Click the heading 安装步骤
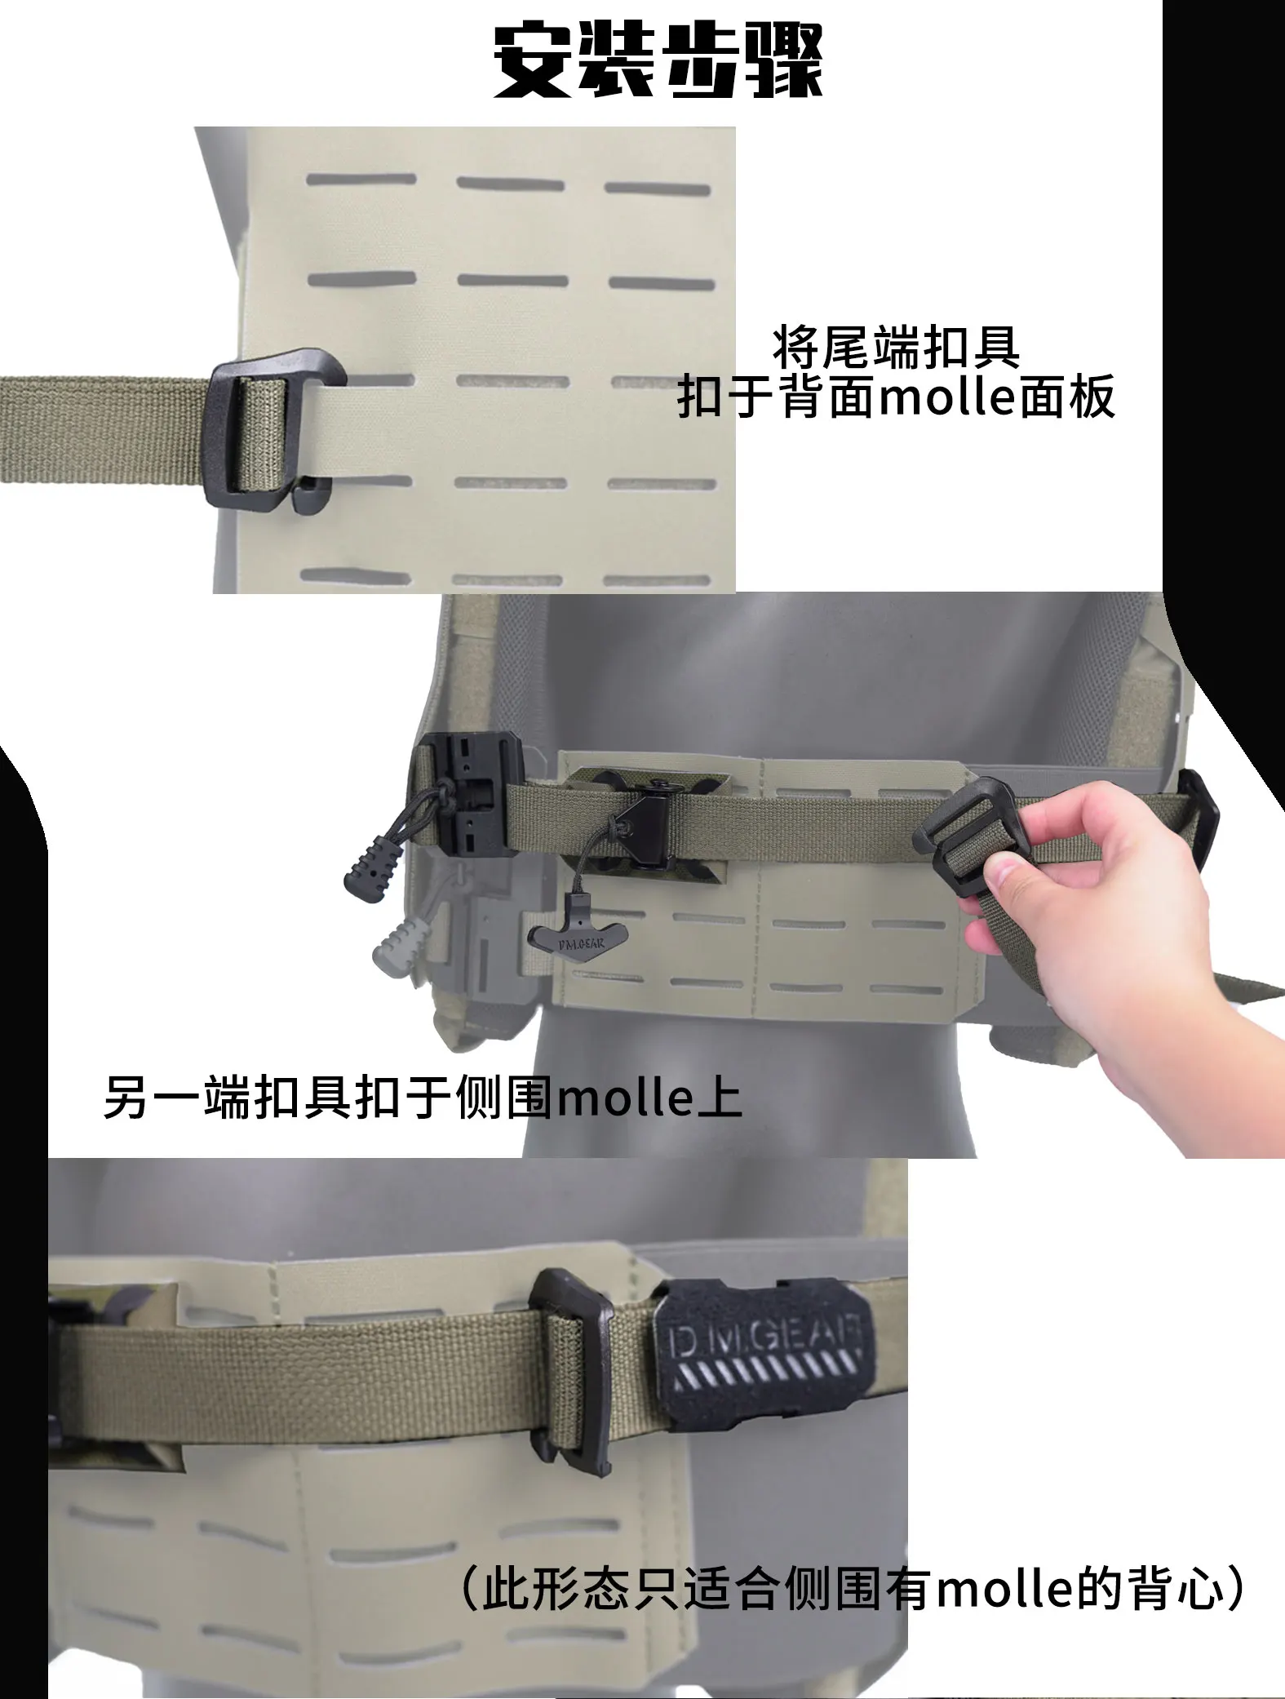[x=658, y=63]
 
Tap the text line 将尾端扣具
[x=896, y=347]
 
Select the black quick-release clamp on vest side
[x=463, y=790]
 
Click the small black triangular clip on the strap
[x=641, y=820]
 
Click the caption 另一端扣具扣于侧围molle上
[x=423, y=1098]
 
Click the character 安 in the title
[x=532, y=63]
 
